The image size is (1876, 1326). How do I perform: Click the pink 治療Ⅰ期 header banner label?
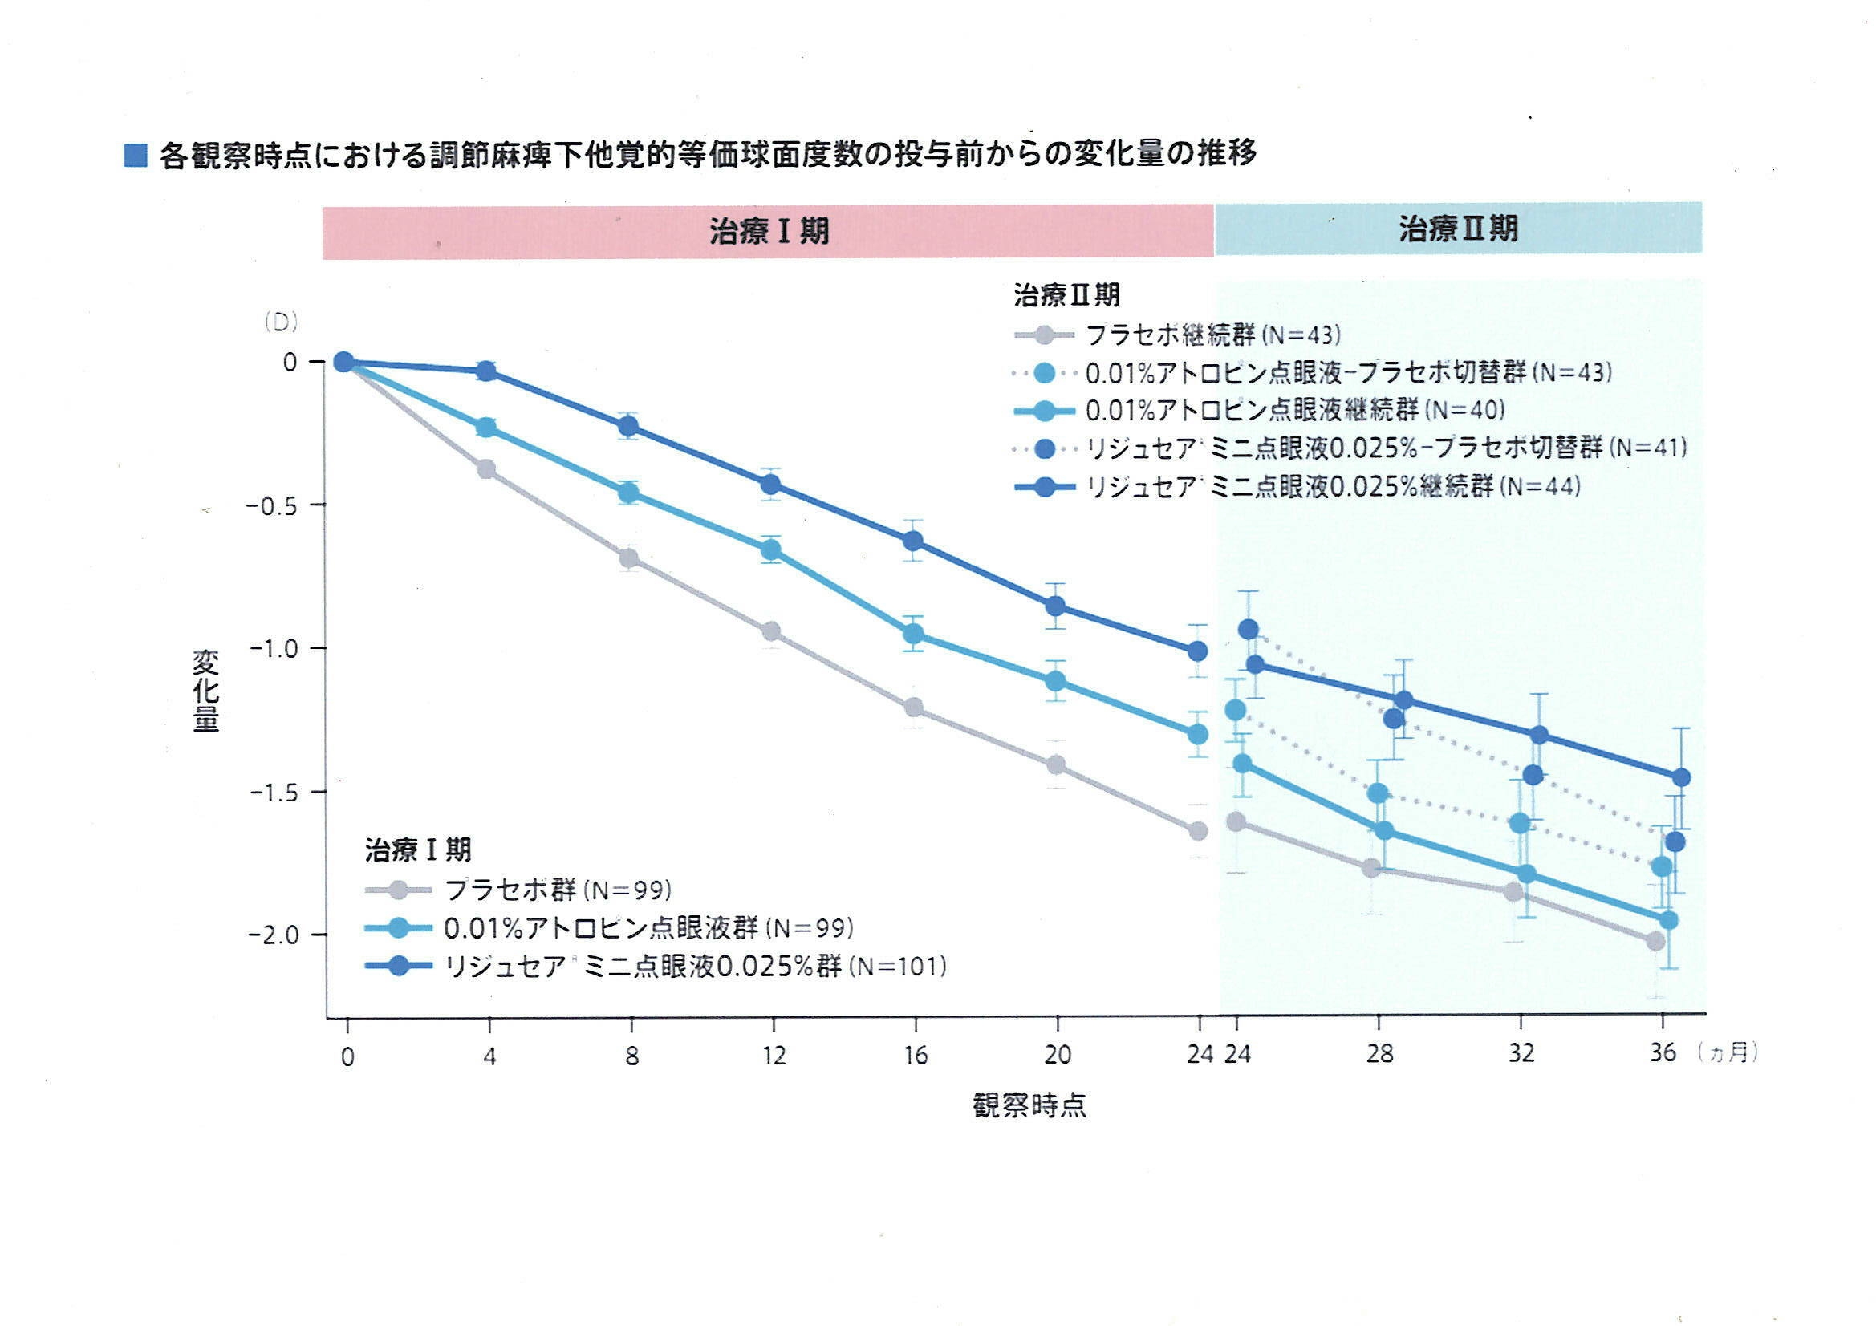click(x=769, y=231)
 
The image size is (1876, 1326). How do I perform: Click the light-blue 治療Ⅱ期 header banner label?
click(x=1458, y=228)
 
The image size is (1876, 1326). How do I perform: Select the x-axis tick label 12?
click(x=773, y=1056)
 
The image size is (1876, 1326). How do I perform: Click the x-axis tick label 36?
click(x=1662, y=1052)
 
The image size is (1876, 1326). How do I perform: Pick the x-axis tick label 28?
click(x=1379, y=1054)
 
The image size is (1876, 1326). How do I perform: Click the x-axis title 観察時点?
click(x=1029, y=1106)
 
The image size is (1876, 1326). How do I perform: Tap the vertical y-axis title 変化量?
click(x=205, y=691)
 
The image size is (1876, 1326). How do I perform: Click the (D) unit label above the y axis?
click(x=280, y=323)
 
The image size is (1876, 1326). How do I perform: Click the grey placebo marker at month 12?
click(x=770, y=631)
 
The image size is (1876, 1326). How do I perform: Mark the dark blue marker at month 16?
click(x=912, y=541)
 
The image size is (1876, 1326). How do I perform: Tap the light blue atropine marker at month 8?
click(x=628, y=493)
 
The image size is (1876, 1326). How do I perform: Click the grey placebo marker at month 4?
click(x=486, y=469)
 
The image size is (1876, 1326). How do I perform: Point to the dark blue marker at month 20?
click(x=1056, y=606)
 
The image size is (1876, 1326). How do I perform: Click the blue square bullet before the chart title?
click(x=135, y=156)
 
